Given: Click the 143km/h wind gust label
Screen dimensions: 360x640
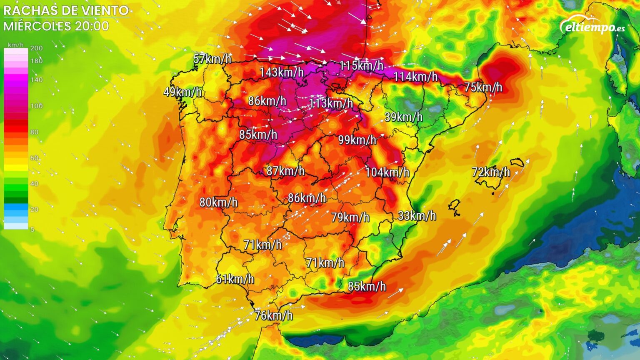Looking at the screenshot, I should (282, 72).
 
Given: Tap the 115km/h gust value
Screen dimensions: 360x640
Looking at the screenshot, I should (361, 65).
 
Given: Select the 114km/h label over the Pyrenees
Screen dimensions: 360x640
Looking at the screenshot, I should (415, 77).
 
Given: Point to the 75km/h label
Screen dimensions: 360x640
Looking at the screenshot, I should (483, 87).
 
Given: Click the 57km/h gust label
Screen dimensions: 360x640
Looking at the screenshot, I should (212, 59).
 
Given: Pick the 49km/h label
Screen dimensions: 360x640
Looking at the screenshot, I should (182, 92).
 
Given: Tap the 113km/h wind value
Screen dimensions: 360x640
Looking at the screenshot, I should (331, 103).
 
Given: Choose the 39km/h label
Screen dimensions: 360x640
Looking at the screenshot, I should (403, 117).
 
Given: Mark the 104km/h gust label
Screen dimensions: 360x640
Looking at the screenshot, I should (387, 172).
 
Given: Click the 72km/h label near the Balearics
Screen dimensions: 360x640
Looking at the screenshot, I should (491, 172).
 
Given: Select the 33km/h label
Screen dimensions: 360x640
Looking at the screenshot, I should (417, 215).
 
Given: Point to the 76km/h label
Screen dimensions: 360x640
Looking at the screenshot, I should (273, 315).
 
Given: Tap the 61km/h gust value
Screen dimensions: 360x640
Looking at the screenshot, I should (235, 279).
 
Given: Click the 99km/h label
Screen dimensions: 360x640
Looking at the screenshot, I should (357, 140).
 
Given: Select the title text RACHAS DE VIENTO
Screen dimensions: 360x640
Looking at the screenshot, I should (66, 10).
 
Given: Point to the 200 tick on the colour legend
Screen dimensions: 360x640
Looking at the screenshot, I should (37, 48).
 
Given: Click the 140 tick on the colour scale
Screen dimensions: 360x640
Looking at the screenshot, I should (37, 80).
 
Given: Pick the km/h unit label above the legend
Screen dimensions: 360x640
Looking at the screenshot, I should (16, 45).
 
